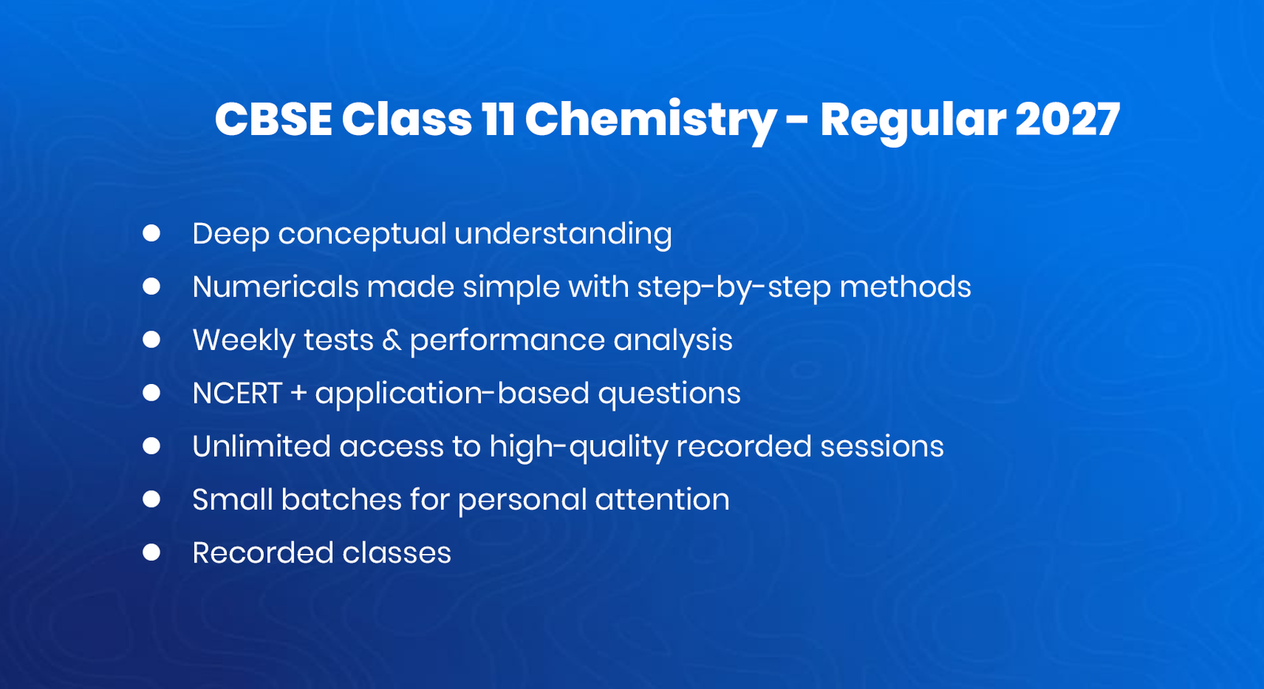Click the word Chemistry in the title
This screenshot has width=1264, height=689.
point(650,120)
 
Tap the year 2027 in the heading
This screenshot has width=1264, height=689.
point(1067,120)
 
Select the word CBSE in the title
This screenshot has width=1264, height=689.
point(273,120)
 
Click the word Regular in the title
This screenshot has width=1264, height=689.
point(912,120)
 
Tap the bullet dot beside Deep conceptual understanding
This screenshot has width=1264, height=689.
point(152,233)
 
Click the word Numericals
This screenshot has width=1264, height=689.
point(276,287)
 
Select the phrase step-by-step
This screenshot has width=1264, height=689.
point(733,287)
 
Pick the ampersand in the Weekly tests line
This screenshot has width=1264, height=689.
point(392,341)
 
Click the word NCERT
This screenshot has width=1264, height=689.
point(237,393)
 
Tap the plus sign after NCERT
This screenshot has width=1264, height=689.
point(299,393)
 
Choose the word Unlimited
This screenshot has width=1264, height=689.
point(261,446)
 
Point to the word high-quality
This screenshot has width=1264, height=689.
point(578,446)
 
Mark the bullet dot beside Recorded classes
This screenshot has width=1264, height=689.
point(152,552)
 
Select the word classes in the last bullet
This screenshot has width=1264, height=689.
point(397,552)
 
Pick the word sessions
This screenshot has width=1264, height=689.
point(882,446)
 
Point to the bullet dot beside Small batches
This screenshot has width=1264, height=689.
point(152,499)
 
